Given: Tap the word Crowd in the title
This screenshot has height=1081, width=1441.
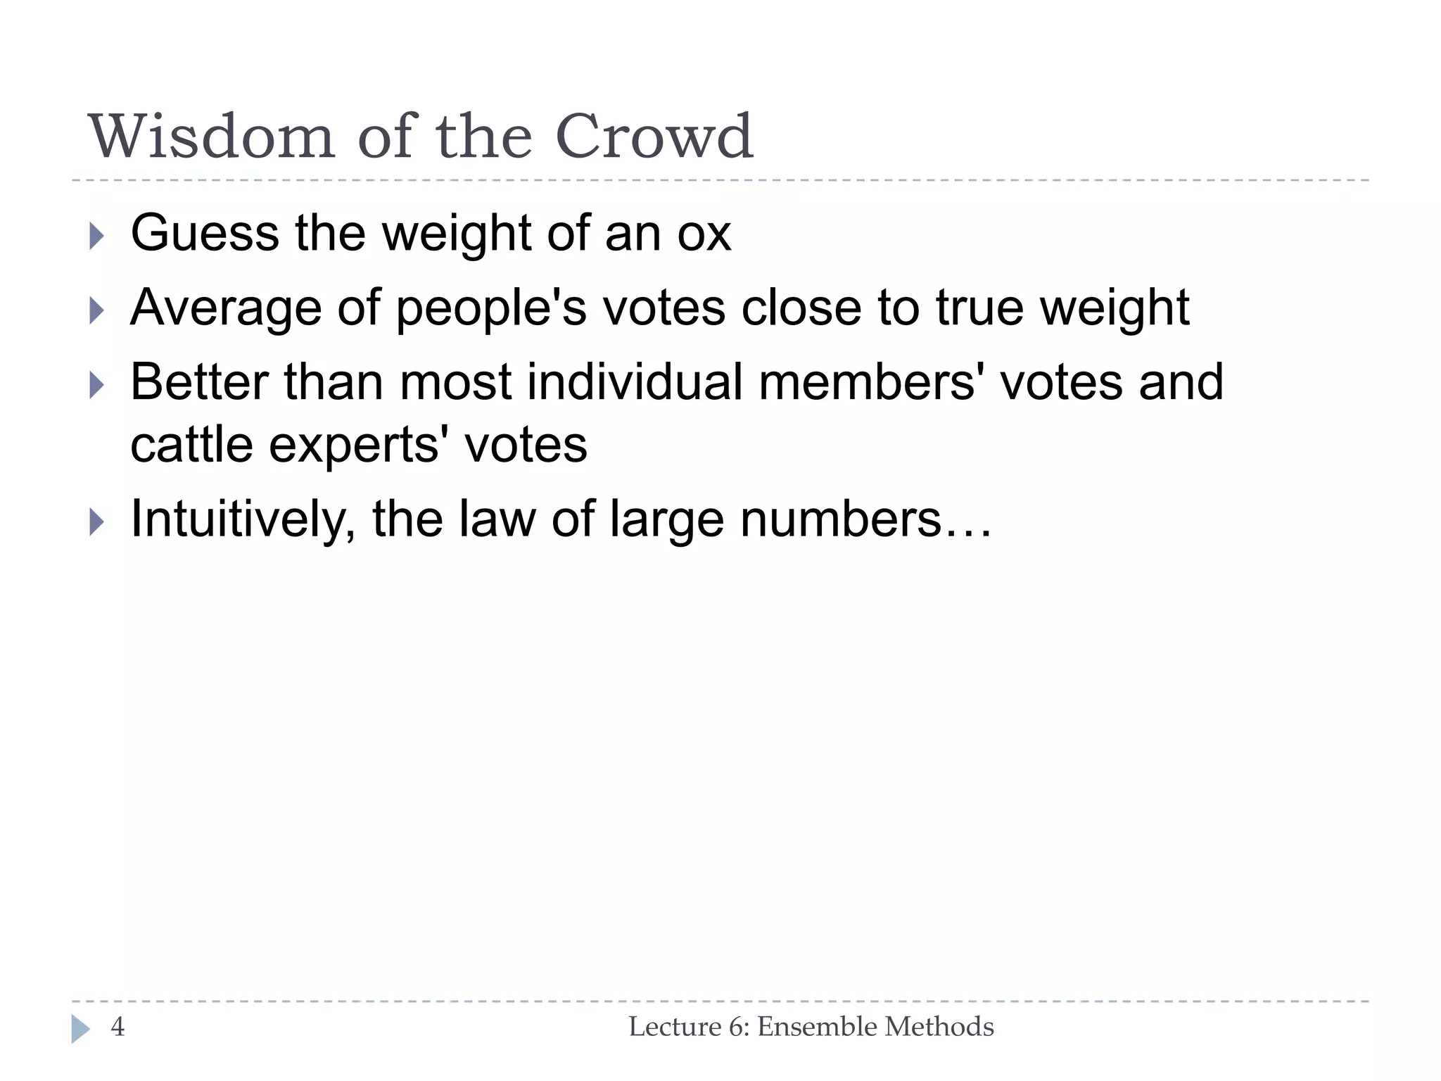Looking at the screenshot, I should [654, 137].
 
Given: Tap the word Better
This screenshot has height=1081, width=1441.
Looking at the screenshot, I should [199, 383].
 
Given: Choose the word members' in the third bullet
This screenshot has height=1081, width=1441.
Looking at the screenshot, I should [871, 383].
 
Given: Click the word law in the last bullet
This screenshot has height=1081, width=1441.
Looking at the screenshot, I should [497, 519].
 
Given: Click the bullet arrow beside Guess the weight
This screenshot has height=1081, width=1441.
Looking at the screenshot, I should [97, 236].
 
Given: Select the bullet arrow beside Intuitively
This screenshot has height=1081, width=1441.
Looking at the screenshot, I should [97, 522].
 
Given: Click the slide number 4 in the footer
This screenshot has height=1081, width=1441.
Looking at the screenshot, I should [118, 1027].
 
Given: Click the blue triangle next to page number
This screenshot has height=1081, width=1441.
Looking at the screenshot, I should [80, 1029].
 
